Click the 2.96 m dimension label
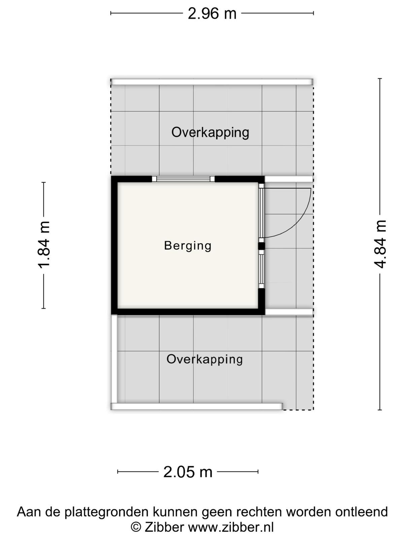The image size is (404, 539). [212, 14]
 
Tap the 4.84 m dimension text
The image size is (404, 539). [380, 244]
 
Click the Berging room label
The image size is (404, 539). [188, 246]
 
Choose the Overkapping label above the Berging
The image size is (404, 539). [210, 133]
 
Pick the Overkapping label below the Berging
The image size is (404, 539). [205, 359]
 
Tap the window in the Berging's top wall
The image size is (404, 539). [183, 179]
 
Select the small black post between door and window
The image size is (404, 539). [262, 246]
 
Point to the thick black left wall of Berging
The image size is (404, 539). [114, 245]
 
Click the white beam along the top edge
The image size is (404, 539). [212, 82]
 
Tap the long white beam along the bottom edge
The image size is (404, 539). [197, 406]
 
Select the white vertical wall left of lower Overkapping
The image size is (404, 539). [114, 359]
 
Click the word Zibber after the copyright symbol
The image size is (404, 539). [164, 526]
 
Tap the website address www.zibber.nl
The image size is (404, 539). [231, 526]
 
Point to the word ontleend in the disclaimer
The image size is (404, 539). [362, 512]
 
